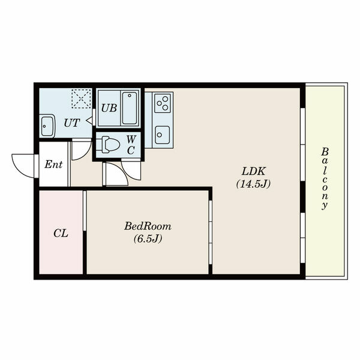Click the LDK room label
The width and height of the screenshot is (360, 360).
253,171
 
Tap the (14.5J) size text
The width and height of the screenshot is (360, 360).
253,184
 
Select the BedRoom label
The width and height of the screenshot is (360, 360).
148,226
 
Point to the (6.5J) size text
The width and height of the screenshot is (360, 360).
148,239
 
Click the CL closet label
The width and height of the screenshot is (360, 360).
61,233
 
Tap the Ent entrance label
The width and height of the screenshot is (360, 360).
53,164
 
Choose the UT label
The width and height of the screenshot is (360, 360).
71,123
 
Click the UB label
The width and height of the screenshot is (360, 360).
109,108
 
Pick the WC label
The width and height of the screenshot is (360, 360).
131,145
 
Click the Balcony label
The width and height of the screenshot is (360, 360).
325,178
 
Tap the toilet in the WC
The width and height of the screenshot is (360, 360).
108,145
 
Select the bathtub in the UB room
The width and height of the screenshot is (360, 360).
130,108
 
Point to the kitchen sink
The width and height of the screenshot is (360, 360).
162,135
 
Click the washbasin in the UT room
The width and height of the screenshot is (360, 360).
47,126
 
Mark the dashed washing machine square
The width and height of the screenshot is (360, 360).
82,98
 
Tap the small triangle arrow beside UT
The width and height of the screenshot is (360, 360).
89,120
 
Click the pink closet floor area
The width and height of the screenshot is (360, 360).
61,232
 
